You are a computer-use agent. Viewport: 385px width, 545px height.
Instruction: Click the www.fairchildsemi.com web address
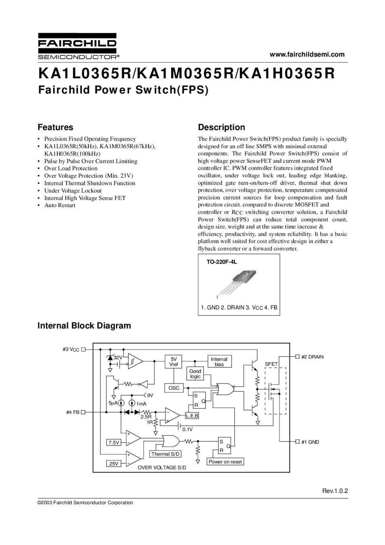(x=307, y=55)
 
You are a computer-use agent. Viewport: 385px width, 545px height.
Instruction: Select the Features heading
(x=55, y=128)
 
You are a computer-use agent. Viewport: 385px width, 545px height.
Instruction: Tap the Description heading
(x=222, y=128)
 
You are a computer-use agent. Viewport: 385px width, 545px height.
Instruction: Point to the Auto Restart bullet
(x=60, y=205)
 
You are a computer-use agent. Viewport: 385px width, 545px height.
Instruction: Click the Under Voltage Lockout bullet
(x=73, y=191)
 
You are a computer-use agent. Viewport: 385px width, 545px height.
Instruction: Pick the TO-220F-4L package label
(x=222, y=262)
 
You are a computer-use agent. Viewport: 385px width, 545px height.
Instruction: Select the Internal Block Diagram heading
(x=84, y=326)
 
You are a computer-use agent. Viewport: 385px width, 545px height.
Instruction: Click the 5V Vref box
(x=174, y=362)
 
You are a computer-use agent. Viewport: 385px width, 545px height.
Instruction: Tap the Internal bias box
(x=219, y=362)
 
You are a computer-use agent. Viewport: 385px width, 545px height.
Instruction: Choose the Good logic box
(x=195, y=374)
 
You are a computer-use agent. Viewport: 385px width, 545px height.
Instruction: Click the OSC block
(x=174, y=388)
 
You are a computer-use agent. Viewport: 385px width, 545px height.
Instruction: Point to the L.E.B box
(x=192, y=415)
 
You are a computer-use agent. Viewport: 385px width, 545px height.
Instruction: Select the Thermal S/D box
(x=165, y=454)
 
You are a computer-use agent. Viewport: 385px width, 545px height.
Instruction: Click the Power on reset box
(x=225, y=462)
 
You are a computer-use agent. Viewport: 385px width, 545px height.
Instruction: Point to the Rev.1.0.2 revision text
(x=335, y=491)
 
